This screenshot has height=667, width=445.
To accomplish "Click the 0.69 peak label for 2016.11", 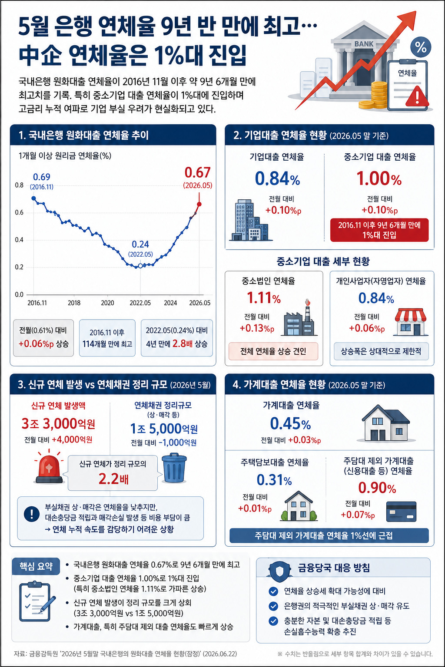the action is pyautogui.click(x=41, y=177).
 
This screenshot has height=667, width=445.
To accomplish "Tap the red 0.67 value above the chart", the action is pyautogui.click(x=197, y=172).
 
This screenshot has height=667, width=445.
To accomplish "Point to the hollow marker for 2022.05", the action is pyautogui.click(x=140, y=266).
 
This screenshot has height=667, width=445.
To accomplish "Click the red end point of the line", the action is pyautogui.click(x=199, y=204).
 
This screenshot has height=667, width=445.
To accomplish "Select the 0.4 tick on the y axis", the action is pyautogui.click(x=19, y=240).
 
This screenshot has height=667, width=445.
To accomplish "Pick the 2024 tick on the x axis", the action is pyautogui.click(x=170, y=303).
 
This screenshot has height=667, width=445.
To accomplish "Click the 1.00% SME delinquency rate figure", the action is pyautogui.click(x=379, y=178).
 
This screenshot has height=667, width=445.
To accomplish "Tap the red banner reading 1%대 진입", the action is pyautogui.click(x=379, y=230).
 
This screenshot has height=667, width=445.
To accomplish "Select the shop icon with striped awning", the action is pyautogui.click(x=411, y=322).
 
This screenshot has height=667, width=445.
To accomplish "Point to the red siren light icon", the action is pyautogui.click(x=49, y=467).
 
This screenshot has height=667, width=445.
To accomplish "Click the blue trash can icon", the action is pyautogui.click(x=174, y=468).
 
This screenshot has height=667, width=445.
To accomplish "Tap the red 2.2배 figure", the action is pyautogui.click(x=113, y=479).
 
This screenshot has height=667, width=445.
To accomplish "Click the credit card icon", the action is pyautogui.click(x=401, y=512).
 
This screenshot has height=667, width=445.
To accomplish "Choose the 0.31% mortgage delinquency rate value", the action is pyautogui.click(x=274, y=480).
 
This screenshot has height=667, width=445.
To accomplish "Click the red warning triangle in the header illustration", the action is pyautogui.click(x=417, y=96).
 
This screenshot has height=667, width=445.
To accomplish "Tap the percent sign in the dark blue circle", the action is pyautogui.click(x=421, y=47).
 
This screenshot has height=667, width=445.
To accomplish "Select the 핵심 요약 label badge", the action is pyautogui.click(x=36, y=566).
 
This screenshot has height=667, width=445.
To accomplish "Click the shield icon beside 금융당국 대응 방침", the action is pyautogui.click(x=279, y=571).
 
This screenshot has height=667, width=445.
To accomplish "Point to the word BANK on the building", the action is pyautogui.click(x=364, y=44).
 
